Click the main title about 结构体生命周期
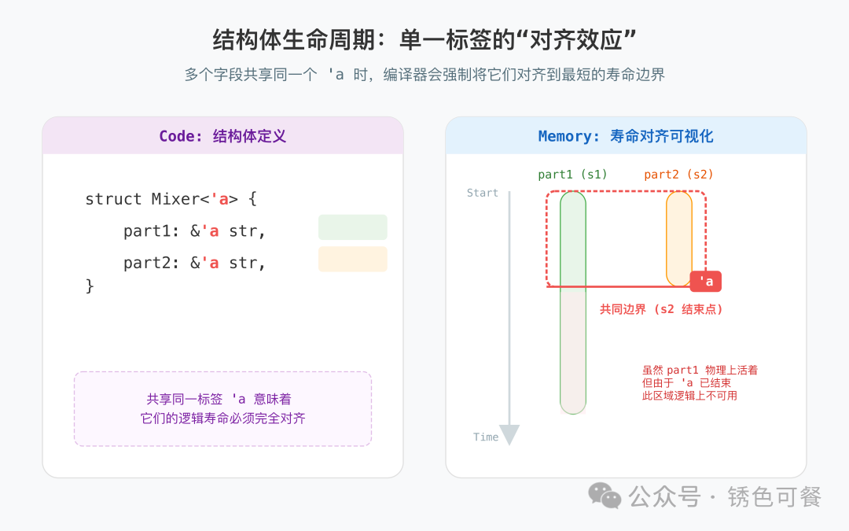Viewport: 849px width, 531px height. (424, 40)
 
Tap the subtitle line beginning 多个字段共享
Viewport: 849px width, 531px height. (424, 76)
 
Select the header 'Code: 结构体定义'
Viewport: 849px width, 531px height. (222, 136)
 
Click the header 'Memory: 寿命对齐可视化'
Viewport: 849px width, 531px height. (626, 136)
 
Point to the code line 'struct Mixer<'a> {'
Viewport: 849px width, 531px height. (171, 199)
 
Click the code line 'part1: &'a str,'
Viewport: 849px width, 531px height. (195, 231)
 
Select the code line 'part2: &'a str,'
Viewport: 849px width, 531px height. (195, 263)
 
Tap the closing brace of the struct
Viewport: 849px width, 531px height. (90, 286)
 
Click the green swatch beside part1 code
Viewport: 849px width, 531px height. (352, 227)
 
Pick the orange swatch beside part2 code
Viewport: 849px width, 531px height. (352, 259)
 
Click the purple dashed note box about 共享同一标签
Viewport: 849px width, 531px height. (222, 408)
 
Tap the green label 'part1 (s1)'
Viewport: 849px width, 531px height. (572, 175)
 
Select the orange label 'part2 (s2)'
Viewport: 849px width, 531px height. (678, 175)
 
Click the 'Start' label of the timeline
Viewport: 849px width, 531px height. (483, 193)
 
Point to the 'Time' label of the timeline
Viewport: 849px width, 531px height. (486, 437)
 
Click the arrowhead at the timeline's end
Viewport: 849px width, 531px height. (509, 435)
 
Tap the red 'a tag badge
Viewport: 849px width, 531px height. (705, 282)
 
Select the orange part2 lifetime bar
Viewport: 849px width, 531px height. (679, 238)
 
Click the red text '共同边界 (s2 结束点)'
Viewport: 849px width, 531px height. (661, 310)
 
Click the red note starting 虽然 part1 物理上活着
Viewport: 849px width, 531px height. (700, 382)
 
